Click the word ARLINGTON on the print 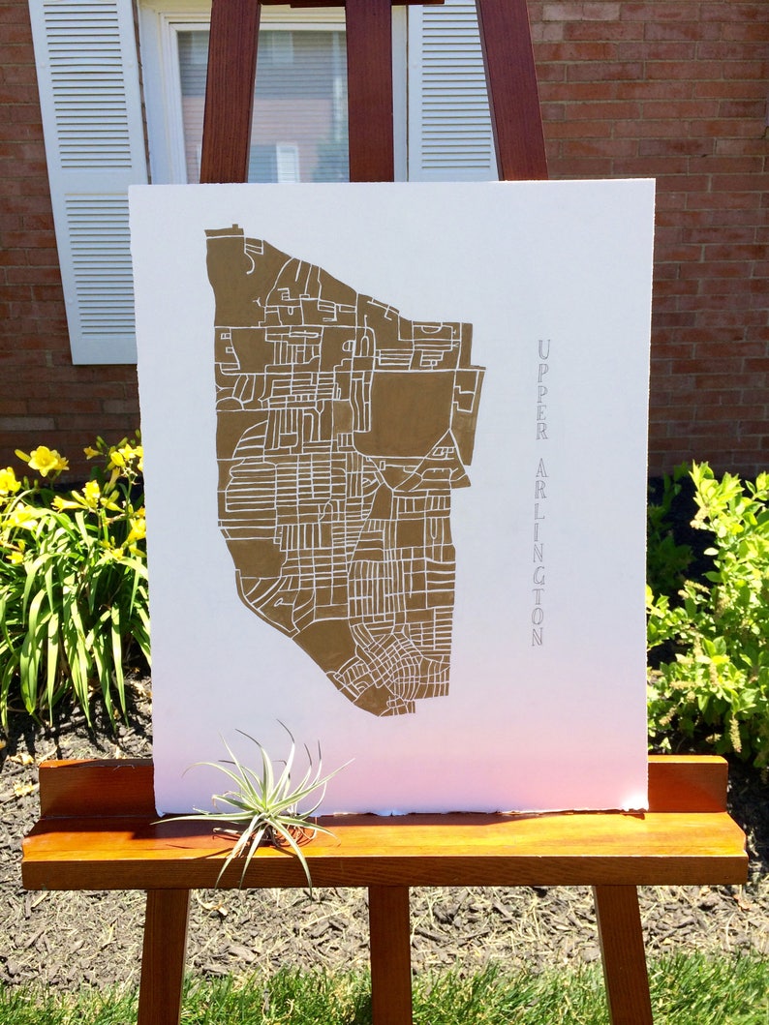538,552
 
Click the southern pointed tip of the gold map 387,712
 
